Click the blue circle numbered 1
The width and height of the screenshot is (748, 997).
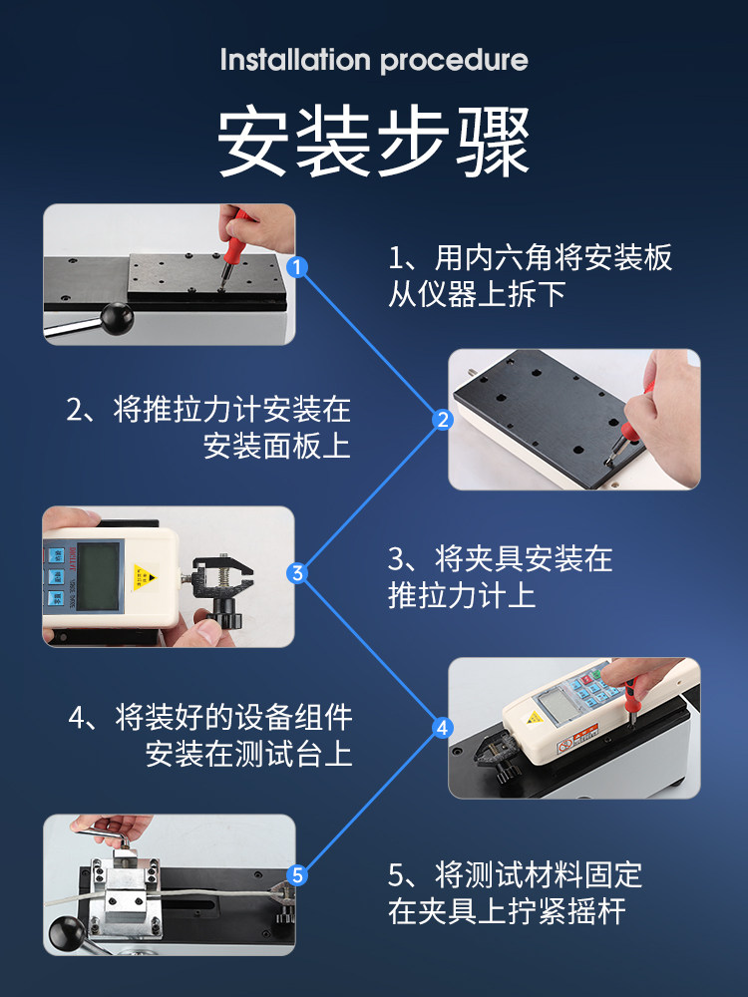click(297, 267)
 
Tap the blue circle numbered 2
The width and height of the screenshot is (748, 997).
click(443, 420)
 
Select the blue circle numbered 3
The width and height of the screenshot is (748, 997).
click(297, 573)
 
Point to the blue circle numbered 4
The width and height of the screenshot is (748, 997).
click(443, 728)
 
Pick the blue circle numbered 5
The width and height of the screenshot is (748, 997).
click(297, 875)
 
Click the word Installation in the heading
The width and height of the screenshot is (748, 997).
click(295, 60)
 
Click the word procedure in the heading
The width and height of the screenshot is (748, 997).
click(454, 61)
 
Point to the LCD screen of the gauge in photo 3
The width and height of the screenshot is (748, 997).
click(98, 576)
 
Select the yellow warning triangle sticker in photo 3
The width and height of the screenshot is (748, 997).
click(145, 577)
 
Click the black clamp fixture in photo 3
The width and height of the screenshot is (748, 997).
click(222, 586)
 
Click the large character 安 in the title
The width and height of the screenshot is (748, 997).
click(252, 142)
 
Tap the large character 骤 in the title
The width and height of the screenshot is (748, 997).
click(494, 142)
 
